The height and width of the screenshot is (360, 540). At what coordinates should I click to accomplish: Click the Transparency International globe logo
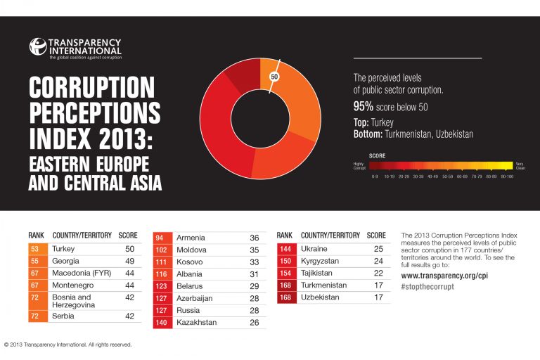pyautogui.click(x=37, y=46)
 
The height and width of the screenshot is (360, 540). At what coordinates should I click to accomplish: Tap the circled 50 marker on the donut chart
pyautogui.click(x=275, y=76)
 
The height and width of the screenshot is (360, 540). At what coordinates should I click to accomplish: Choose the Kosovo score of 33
pyautogui.click(x=255, y=261)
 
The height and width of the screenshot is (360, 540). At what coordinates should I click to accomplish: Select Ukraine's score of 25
pyautogui.click(x=378, y=249)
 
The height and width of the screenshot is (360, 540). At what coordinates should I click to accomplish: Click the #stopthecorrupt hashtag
pyautogui.click(x=427, y=287)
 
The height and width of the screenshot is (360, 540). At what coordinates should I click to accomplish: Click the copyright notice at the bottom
pyautogui.click(x=68, y=345)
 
